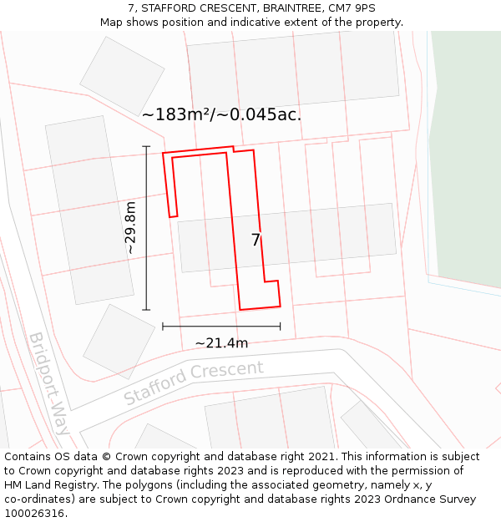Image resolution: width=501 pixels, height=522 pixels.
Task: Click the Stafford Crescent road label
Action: click(194, 383)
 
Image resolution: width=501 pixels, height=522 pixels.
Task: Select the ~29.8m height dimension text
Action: click(130, 227)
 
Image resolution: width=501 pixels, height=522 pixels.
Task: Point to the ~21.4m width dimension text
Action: click(221, 342)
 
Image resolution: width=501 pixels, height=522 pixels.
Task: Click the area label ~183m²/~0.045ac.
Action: click(221, 114)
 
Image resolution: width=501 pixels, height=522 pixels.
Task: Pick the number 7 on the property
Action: click(256, 241)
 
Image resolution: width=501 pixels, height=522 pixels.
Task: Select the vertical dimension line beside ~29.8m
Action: click(146, 227)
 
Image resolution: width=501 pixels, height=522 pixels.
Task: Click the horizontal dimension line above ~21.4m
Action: click(221, 326)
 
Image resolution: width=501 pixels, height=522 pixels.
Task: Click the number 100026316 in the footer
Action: click(33, 514)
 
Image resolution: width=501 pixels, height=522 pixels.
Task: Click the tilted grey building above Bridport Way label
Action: click(119, 341)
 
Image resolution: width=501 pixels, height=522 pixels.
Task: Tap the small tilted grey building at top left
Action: click(122, 75)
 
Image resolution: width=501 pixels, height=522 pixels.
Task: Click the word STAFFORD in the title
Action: click(170, 8)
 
